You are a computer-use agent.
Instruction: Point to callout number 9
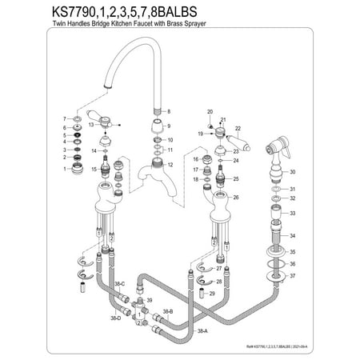[x=168, y=127]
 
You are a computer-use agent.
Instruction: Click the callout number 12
[x=168, y=164]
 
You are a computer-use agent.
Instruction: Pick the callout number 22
[x=238, y=128]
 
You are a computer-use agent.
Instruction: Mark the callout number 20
[x=209, y=111]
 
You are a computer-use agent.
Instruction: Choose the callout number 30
[x=293, y=172]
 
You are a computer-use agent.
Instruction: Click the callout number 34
[x=293, y=236]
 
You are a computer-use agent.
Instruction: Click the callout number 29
[x=210, y=294]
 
